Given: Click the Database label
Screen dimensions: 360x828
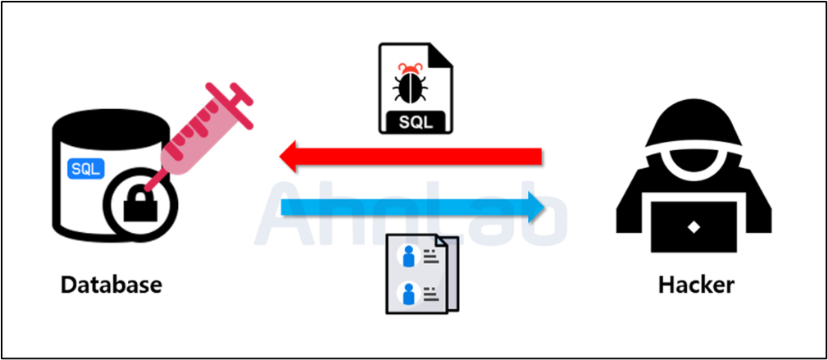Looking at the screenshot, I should click(x=111, y=285).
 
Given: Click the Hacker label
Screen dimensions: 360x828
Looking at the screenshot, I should click(x=696, y=285).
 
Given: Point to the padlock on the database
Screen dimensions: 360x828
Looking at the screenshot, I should click(x=140, y=204).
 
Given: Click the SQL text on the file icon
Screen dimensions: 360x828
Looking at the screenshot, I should click(x=414, y=121).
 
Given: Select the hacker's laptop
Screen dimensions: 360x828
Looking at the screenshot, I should click(x=694, y=226).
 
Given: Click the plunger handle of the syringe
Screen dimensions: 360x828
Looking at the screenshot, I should click(x=238, y=95).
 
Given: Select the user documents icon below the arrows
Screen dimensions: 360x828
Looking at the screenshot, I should click(x=421, y=275).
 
